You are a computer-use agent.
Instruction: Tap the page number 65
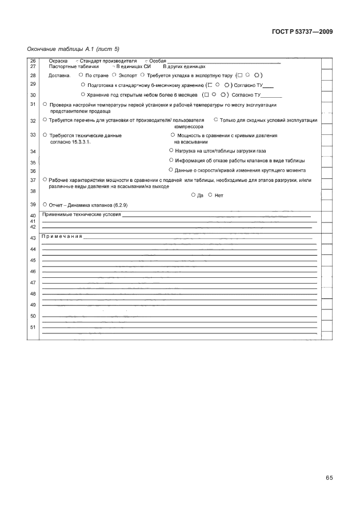pyautogui.click(x=329, y=477)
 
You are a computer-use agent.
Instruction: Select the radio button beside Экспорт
pyautogui.click(x=115, y=74)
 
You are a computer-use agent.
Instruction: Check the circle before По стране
pyautogui.click(x=81, y=74)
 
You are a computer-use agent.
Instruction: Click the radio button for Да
pyautogui.click(x=194, y=195)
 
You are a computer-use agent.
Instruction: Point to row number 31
pyautogui.click(x=33, y=104)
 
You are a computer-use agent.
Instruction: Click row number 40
pyautogui.click(x=33, y=215)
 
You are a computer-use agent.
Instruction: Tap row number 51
pyautogui.click(x=33, y=327)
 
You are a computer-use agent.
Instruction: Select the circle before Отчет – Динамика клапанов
pyautogui.click(x=45, y=204)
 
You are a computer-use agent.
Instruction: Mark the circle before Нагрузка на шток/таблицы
pyautogui.click(x=171, y=150)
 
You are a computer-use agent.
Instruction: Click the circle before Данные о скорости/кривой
pyautogui.click(x=171, y=170)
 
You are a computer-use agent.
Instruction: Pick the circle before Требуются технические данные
pyautogui.click(x=45, y=135)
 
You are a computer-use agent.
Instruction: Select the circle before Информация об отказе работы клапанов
pyautogui.click(x=171, y=160)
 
